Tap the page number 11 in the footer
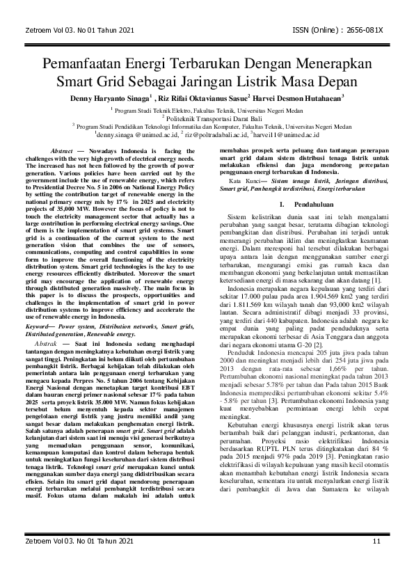click(376, 561)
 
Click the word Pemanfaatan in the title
click(89, 65)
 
